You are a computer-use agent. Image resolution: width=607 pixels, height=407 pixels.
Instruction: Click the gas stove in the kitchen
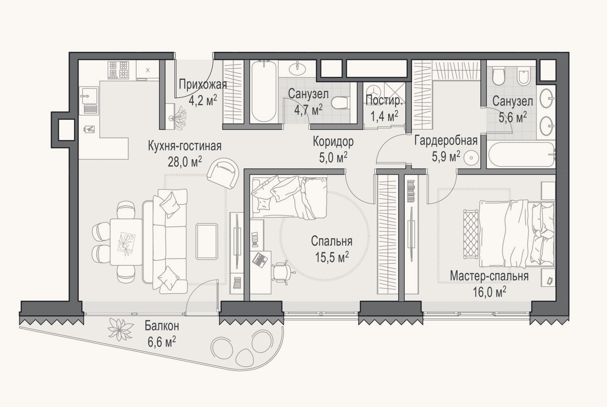118,70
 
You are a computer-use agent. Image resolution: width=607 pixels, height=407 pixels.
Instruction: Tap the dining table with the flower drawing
126,242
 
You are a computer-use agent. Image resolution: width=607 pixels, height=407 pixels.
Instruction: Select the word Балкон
162,326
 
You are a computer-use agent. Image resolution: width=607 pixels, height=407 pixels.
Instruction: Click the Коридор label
333,142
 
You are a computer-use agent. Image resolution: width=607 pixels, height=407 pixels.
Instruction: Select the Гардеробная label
446,141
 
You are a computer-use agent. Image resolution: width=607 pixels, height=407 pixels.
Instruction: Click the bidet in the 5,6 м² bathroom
523,77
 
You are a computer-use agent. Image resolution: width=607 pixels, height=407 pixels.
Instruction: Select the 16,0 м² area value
489,293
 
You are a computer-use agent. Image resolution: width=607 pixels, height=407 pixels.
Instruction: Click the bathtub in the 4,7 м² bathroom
264,91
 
